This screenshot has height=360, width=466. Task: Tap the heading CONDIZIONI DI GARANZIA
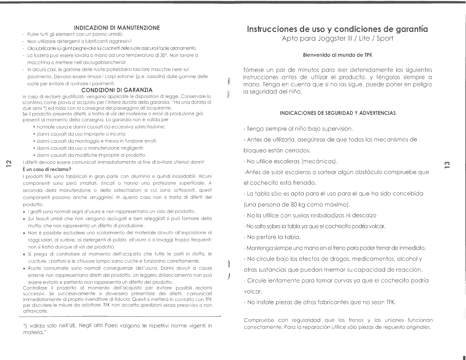(x=117, y=90)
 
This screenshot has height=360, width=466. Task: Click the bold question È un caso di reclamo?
(x=47, y=169)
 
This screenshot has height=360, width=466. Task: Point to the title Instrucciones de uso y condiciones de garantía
(x=337, y=29)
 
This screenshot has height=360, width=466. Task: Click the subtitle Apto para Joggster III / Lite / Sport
(x=337, y=39)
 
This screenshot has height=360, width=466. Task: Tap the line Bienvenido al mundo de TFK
(x=337, y=55)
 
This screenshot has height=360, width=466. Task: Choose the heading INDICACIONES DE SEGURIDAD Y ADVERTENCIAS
(x=337, y=113)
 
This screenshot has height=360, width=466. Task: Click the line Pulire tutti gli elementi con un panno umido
(x=73, y=34)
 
